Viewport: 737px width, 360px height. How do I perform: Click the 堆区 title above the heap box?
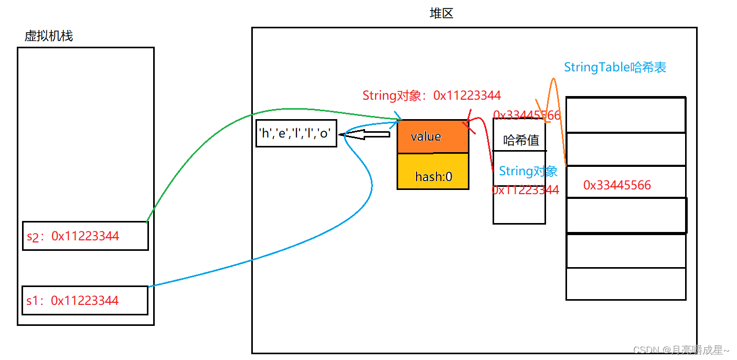point(441,14)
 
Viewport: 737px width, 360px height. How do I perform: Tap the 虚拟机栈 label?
point(49,36)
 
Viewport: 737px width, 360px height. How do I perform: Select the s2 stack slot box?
point(86,236)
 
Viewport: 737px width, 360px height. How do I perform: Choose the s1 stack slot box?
point(85,300)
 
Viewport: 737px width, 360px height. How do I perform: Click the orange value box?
point(433,136)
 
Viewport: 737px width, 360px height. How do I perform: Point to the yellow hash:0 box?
point(433,176)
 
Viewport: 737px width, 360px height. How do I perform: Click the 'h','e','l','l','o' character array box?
point(296,133)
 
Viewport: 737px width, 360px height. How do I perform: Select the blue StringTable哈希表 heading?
point(615,67)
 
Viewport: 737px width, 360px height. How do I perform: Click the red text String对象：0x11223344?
point(431,96)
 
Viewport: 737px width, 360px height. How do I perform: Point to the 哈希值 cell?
point(520,140)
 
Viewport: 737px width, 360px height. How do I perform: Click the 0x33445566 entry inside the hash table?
point(617,185)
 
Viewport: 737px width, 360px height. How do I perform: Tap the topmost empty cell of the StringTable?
point(626,114)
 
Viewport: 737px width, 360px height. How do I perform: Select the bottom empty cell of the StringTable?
point(626,284)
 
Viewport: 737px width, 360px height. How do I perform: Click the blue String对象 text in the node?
point(528,171)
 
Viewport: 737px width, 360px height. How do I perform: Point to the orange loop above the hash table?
point(553,89)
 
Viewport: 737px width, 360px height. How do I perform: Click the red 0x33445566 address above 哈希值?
point(527,115)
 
